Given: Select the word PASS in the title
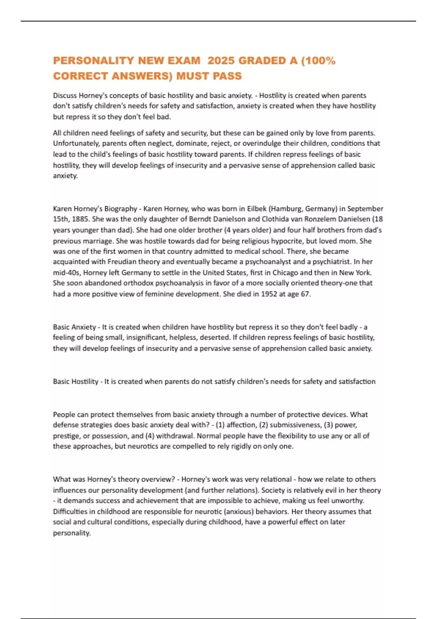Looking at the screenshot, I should tap(227, 76).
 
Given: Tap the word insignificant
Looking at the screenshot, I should tap(146, 338).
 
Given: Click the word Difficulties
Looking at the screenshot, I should tap(70, 512).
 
